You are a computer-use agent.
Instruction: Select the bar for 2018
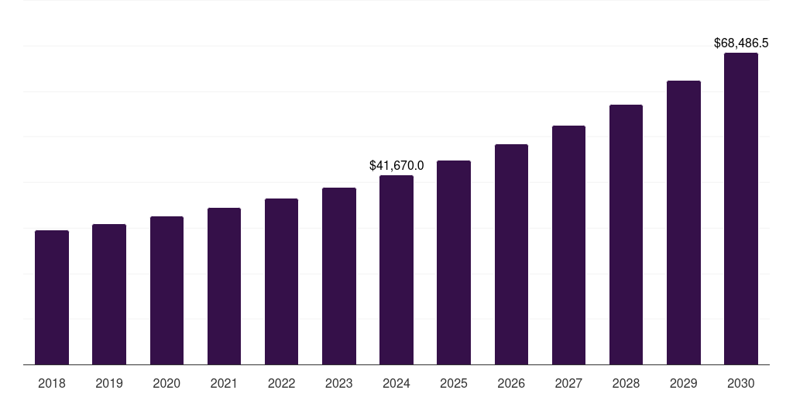point(52,298)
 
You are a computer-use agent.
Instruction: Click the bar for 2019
point(109,295)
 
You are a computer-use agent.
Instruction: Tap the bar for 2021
point(224,286)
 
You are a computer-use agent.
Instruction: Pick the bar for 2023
point(339,276)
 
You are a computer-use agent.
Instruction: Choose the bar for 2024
point(396,270)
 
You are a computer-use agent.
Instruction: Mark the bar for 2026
point(511,254)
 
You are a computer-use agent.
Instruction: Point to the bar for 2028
point(626,234)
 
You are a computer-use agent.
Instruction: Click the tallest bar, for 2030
point(741,209)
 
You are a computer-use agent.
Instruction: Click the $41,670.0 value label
point(396,166)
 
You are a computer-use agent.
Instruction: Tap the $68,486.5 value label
point(741,43)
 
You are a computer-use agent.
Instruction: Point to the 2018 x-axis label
point(52,383)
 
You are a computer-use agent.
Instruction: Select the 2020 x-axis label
point(166,383)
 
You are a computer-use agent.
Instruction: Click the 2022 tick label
point(281,383)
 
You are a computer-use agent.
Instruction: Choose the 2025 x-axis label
point(454,383)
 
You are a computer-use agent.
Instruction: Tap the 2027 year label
point(568,383)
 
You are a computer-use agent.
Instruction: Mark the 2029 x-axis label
point(684,383)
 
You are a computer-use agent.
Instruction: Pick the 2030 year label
point(741,383)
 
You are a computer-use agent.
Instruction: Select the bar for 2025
point(454,262)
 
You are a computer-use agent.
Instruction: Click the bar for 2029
point(684,223)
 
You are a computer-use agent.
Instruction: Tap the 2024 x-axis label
point(396,383)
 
